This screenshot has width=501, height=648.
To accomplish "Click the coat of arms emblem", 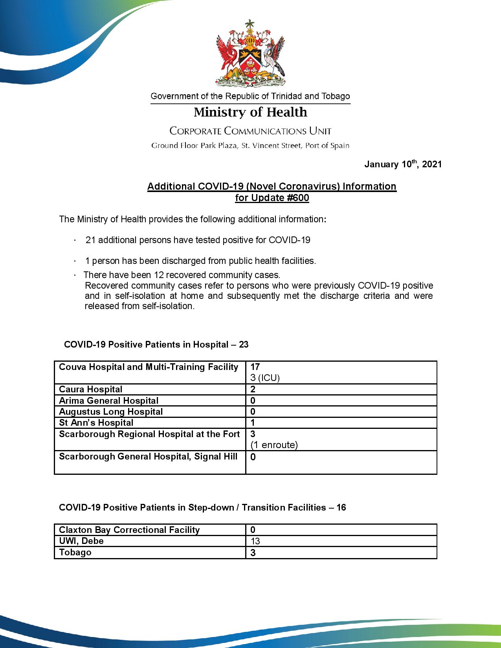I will (250, 53).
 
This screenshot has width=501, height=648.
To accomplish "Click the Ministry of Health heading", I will (250, 112).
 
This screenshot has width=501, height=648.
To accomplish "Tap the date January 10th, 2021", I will (403, 164).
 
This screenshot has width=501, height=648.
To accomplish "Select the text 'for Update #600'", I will (272, 198).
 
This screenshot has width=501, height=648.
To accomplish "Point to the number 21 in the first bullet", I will (91, 240).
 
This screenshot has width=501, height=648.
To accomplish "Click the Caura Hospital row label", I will (90, 389).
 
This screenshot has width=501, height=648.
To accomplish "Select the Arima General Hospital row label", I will (108, 401).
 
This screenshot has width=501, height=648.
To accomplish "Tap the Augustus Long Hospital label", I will (110, 412).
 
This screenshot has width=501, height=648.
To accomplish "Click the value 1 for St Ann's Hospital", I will (253, 423).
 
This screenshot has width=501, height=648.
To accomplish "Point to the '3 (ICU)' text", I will (264, 378).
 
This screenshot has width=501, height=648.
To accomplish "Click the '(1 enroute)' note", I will (274, 445).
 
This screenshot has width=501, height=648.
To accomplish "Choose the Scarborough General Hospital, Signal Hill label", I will (148, 456).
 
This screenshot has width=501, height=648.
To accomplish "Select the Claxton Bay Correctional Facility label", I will (129, 530).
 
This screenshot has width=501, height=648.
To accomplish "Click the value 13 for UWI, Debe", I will (255, 541).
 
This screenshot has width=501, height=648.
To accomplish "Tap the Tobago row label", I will (75, 552).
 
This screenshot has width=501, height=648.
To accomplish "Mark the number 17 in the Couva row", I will (255, 367).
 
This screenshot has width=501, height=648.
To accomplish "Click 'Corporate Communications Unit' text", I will (250, 131).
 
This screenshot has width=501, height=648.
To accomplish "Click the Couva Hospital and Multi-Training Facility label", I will (149, 367).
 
